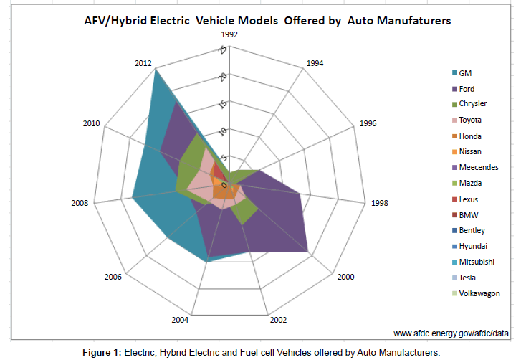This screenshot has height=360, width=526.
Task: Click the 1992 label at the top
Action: tap(229, 33)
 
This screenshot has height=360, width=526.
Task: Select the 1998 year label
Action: tap(379, 203)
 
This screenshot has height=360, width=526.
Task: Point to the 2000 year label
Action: tap(345, 276)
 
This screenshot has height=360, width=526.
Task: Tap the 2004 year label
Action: tap(181, 320)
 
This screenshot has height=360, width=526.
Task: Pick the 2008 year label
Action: tap(80, 203)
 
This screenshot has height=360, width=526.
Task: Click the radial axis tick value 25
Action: tap(223, 50)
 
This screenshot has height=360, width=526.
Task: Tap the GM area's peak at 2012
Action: tap(154, 68)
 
